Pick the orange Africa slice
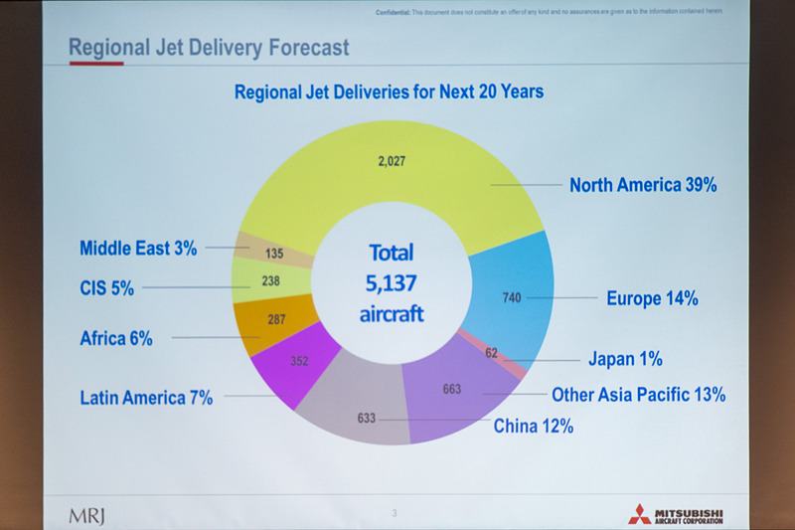(x=278, y=324)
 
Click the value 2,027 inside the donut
(x=394, y=162)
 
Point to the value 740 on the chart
(x=511, y=297)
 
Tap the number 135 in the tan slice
(x=273, y=254)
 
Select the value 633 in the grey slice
(x=367, y=419)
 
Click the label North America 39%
(x=643, y=185)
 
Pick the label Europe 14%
(x=652, y=297)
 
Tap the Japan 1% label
(x=624, y=359)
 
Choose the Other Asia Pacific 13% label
(x=638, y=395)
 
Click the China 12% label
(x=534, y=427)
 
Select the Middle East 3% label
(x=138, y=248)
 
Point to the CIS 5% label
(x=106, y=288)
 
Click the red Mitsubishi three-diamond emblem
(x=639, y=513)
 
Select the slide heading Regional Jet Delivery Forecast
(x=208, y=46)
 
